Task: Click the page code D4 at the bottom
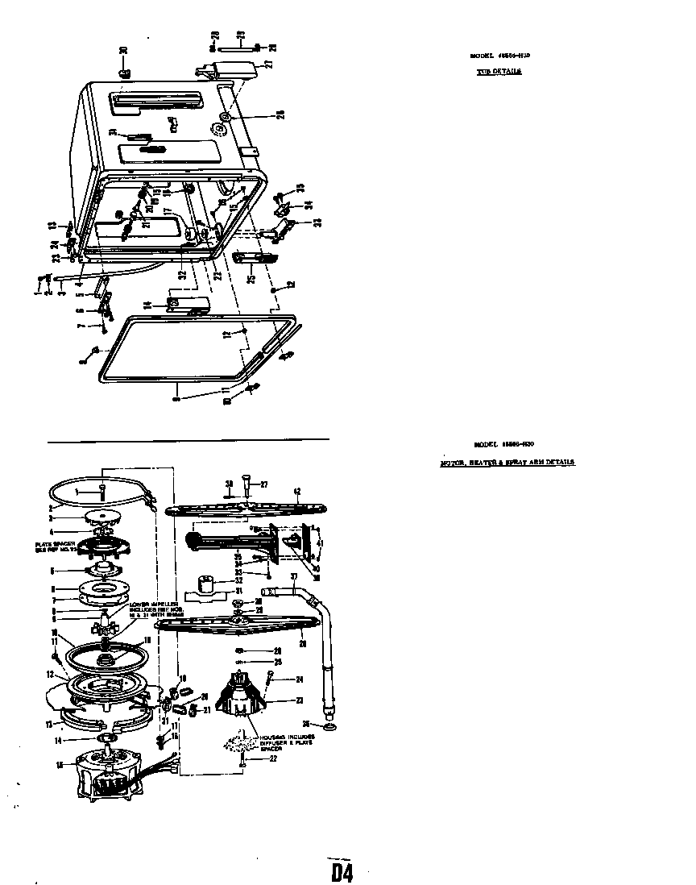point(342,871)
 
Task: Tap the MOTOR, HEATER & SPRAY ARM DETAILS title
point(507,463)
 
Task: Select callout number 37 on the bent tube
point(295,577)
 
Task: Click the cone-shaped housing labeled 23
point(242,694)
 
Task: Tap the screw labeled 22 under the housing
point(242,760)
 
